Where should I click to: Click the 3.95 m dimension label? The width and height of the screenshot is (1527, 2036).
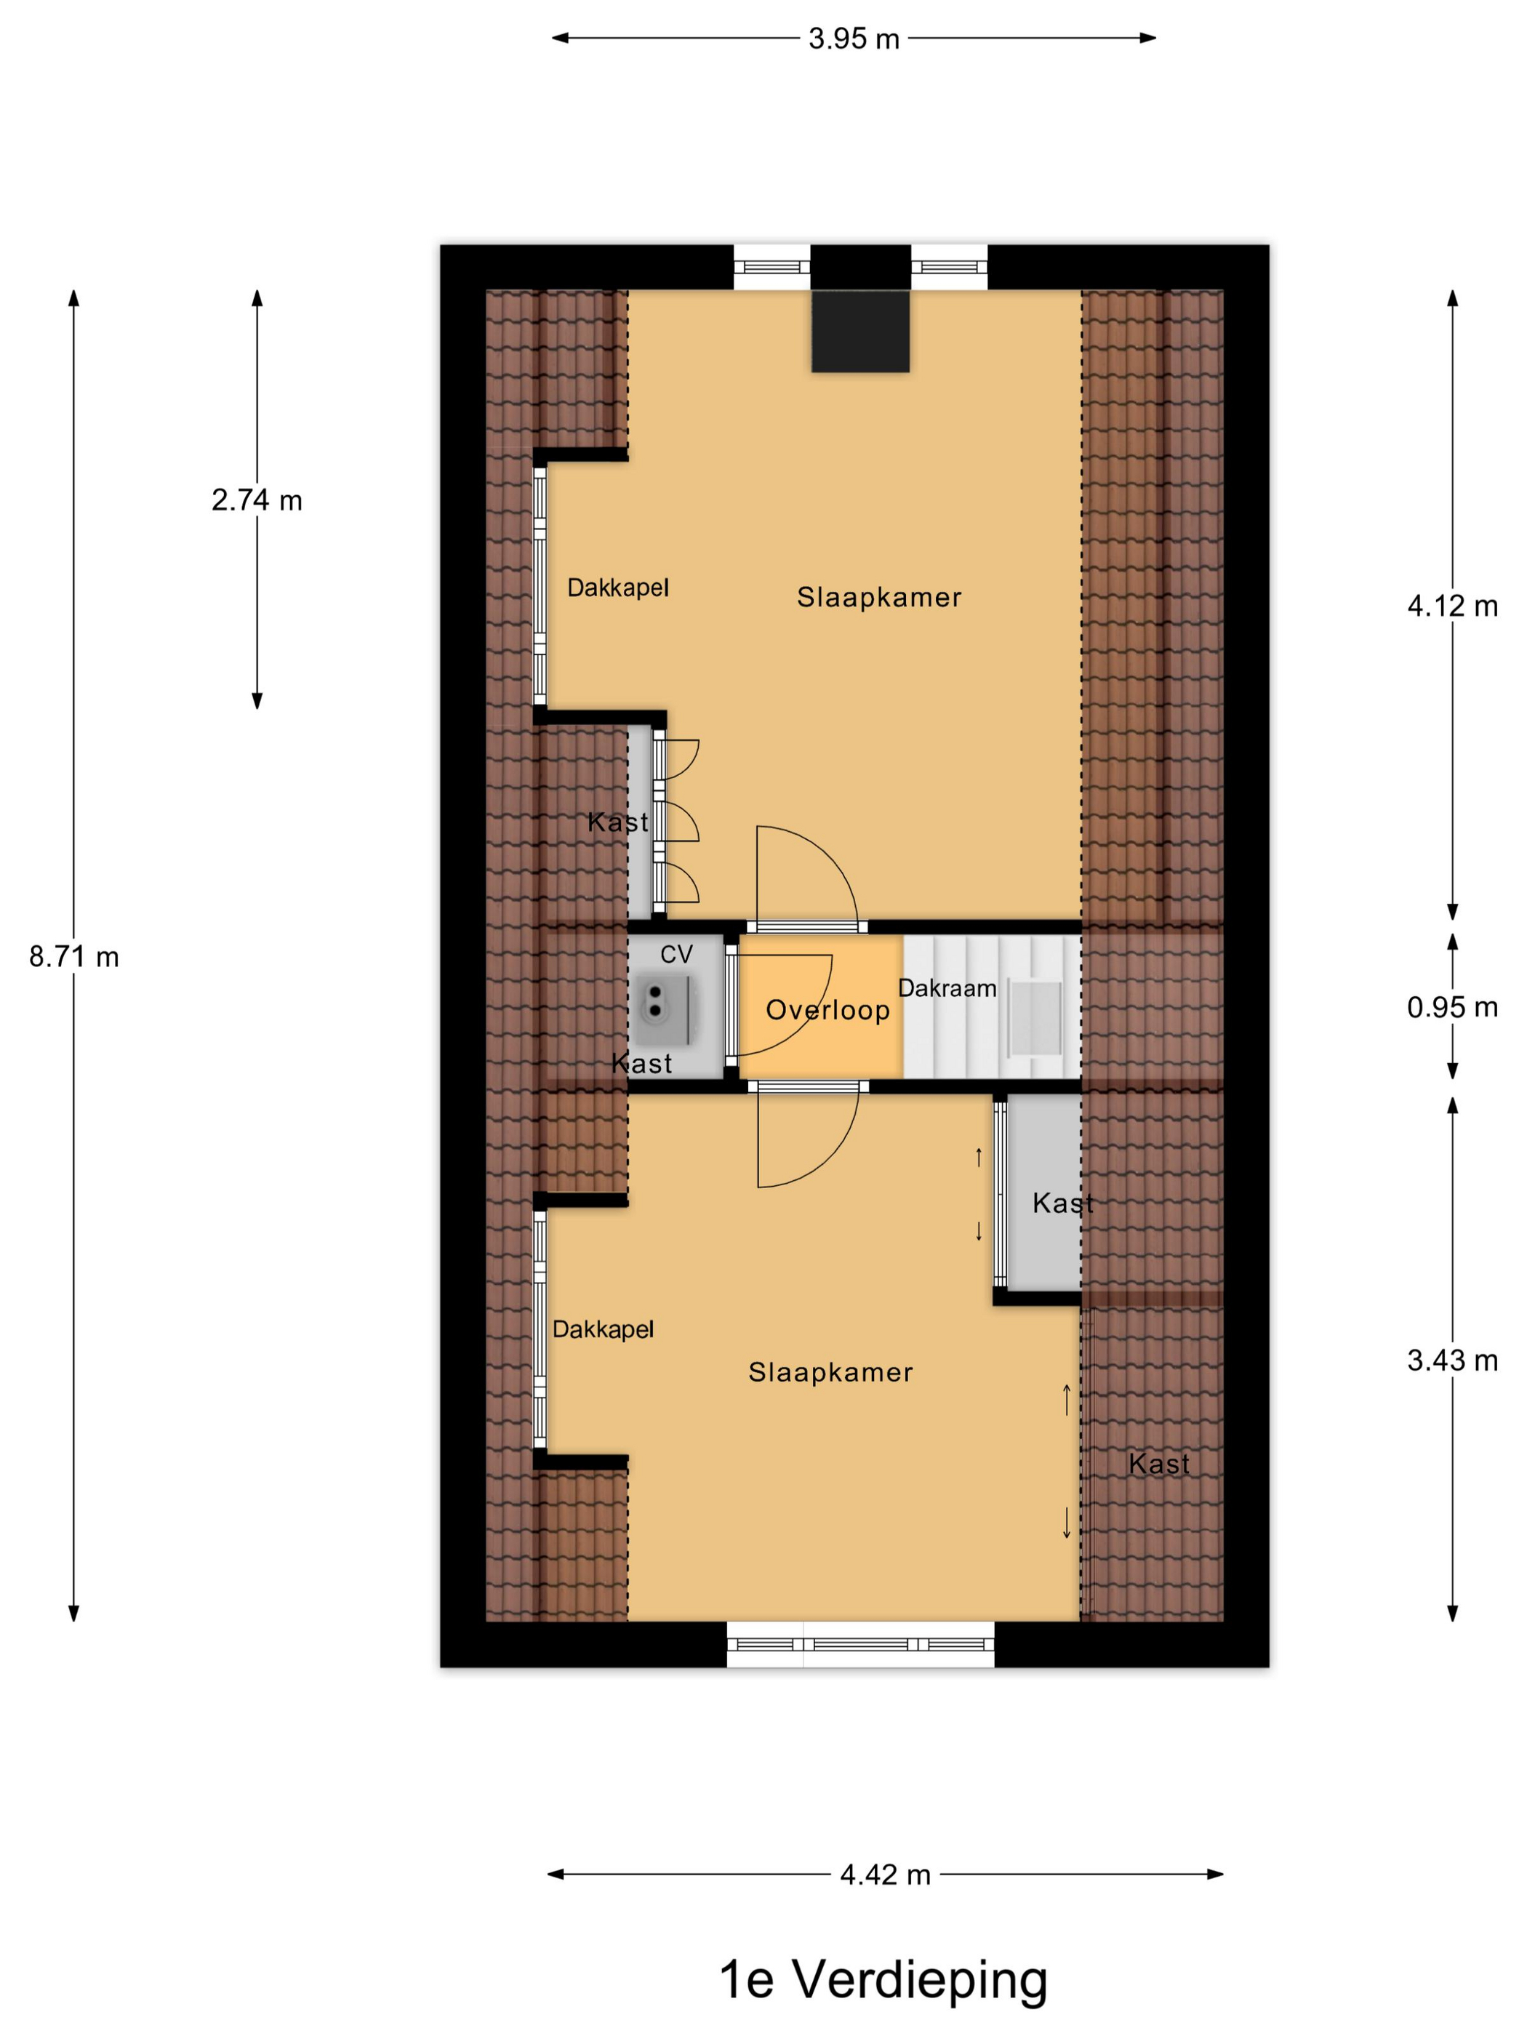click(853, 39)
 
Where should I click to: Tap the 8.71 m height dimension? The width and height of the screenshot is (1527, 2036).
click(73, 957)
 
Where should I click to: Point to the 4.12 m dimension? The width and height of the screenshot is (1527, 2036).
click(1452, 606)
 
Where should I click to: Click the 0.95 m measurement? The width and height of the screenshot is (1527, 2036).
click(1452, 1007)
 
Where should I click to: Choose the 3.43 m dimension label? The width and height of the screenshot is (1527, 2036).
click(1452, 1360)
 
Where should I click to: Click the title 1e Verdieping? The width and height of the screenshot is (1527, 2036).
click(883, 1981)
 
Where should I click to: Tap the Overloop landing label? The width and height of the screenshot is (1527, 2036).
click(827, 1011)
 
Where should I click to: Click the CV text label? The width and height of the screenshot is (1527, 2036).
click(676, 955)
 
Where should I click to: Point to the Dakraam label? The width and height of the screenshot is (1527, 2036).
click(947, 988)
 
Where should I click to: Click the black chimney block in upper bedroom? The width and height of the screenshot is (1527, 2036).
click(859, 332)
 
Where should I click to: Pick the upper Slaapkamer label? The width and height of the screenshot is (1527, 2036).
click(879, 598)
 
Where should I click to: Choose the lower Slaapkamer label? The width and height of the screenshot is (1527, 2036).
click(830, 1372)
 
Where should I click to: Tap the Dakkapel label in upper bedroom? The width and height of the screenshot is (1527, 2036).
click(617, 588)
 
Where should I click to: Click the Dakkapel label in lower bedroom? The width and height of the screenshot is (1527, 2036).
click(603, 1330)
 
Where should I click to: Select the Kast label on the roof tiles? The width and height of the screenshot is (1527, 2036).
click(1159, 1464)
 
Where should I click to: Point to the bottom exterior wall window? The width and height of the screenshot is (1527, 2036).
click(861, 1645)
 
